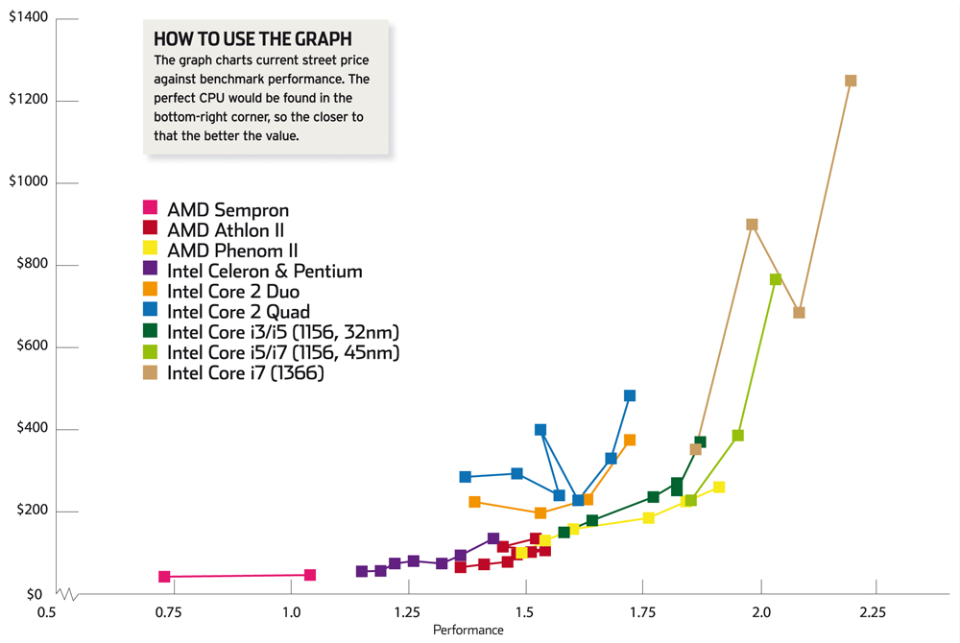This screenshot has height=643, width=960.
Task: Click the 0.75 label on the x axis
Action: (173, 612)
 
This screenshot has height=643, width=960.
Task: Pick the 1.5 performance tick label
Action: (524, 612)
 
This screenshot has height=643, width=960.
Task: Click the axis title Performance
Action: (468, 631)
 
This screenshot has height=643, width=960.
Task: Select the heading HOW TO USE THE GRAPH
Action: (252, 39)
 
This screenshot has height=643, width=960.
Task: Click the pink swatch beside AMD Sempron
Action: (150, 208)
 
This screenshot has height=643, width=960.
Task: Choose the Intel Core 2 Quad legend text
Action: (238, 312)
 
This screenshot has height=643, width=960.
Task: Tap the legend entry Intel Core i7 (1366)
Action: (246, 374)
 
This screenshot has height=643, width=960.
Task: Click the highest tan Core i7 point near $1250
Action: (851, 81)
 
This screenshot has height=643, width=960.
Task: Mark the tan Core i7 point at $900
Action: (752, 225)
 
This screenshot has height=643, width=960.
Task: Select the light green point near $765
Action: (776, 279)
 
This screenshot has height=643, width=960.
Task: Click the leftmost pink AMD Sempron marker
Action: (164, 577)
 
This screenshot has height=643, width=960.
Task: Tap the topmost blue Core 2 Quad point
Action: (630, 395)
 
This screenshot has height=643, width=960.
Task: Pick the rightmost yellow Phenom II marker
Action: (719, 487)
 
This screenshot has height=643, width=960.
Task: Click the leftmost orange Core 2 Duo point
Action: (474, 502)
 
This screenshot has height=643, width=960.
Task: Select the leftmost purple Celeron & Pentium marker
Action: (362, 571)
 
